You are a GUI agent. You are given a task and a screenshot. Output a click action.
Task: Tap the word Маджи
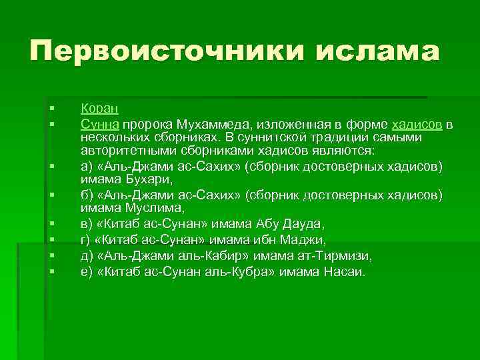point(304,239)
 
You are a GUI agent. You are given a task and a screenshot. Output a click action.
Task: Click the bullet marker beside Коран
point(51,108)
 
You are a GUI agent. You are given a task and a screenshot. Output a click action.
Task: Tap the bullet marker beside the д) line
point(51,256)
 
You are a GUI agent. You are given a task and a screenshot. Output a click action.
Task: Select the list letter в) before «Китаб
point(87,223)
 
